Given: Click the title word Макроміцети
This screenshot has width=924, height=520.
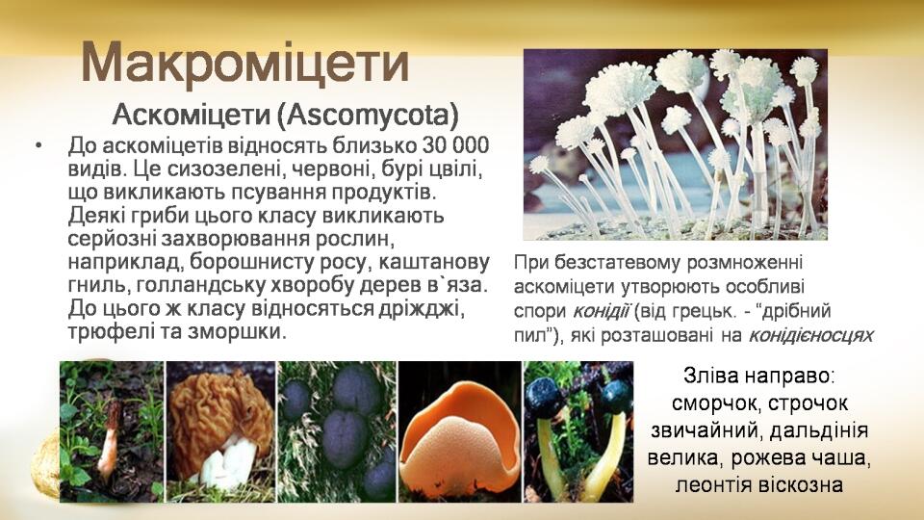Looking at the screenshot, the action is [244, 63].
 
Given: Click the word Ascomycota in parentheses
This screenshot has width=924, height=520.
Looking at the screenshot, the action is [367, 115].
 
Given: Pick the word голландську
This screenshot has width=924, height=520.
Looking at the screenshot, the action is [196, 285].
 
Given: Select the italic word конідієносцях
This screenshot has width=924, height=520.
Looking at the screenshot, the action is [810, 335].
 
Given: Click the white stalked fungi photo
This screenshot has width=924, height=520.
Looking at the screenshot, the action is [676, 144].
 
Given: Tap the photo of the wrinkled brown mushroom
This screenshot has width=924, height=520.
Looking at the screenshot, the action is [221, 431].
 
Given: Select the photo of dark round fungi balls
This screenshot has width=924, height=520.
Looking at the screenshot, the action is [338, 431].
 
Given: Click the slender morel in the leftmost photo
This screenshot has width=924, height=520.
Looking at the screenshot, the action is [110, 439].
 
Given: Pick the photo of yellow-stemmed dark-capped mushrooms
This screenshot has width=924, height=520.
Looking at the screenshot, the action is [578, 431].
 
